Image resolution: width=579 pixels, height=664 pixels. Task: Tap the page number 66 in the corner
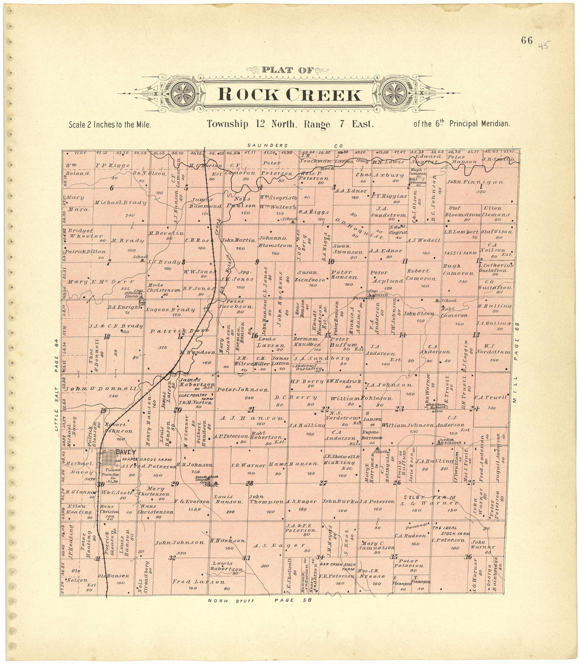tap(527, 41)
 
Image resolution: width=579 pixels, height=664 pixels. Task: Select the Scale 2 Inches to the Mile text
tap(109, 125)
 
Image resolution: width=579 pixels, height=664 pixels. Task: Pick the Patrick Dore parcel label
tap(173, 331)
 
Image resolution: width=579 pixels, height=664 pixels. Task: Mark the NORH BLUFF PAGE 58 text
tap(260, 600)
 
